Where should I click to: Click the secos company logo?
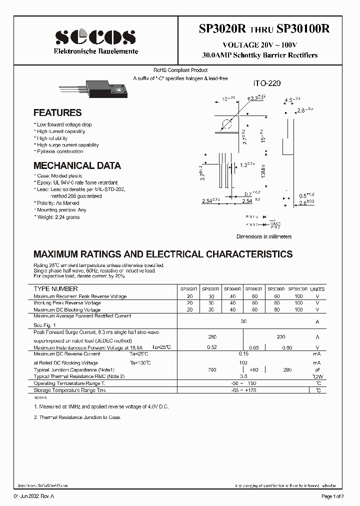coord(95,36)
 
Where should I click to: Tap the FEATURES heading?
coord(57,113)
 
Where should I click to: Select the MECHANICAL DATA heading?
coord(77,165)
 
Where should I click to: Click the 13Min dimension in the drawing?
coord(263,174)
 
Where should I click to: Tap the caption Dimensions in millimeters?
coord(264,236)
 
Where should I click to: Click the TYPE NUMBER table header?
coord(55,289)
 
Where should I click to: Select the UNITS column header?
coord(317,289)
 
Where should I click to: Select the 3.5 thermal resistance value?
coord(244,376)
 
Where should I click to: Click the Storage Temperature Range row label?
coord(69,390)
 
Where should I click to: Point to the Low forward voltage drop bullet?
coord(63,124)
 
